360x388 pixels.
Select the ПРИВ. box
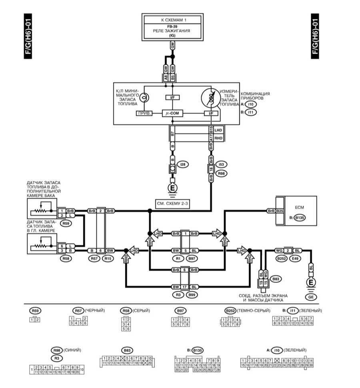pyautogui.click(x=144, y=114)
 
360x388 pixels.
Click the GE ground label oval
pyautogui.click(x=310, y=297)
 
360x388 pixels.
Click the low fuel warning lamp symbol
pyautogui.click(x=146, y=97)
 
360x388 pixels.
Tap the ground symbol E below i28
pyautogui.click(x=173, y=187)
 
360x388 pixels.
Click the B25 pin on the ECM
pyautogui.click(x=280, y=210)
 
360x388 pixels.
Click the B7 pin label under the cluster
pyautogui.click(x=173, y=134)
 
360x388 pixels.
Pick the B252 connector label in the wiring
pyautogui.click(x=280, y=259)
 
